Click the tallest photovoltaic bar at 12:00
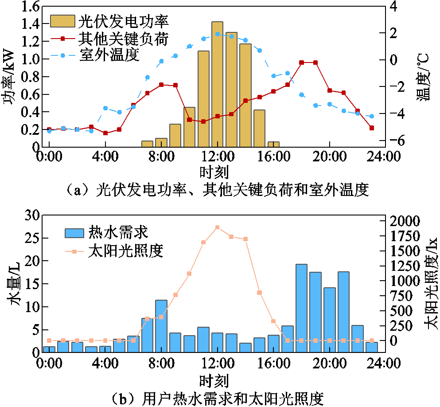coord(217,84)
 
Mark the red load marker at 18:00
coord(301,63)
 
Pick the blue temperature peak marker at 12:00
coord(217,34)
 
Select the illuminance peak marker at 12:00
coord(217,227)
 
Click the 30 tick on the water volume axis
coord(32,216)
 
